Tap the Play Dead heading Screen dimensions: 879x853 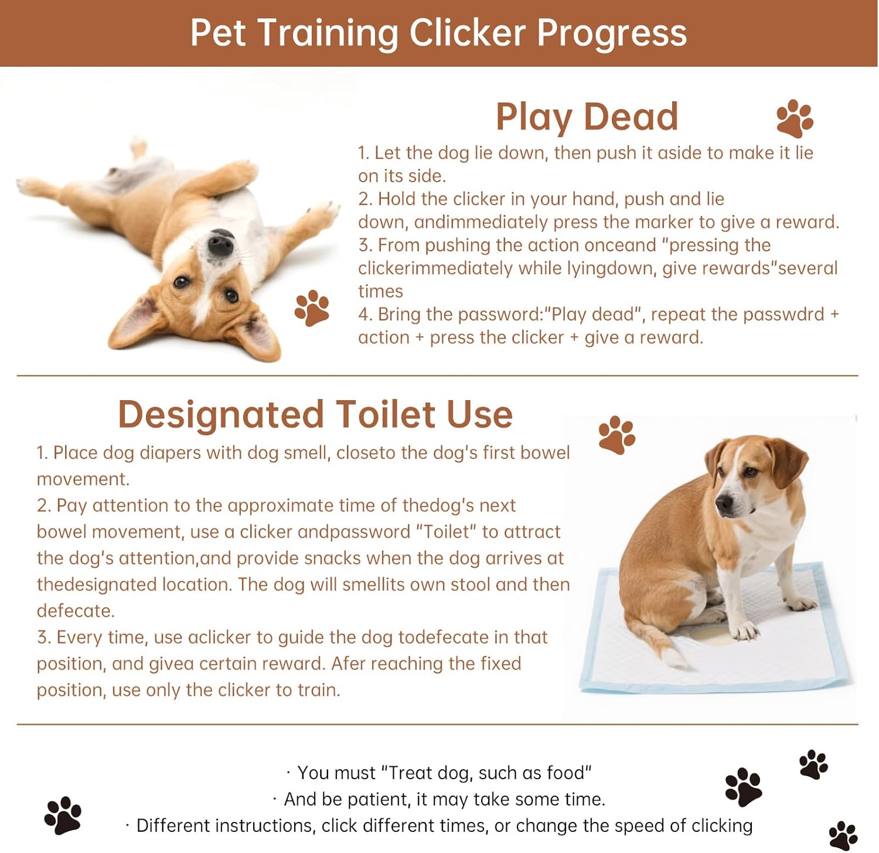tap(587, 117)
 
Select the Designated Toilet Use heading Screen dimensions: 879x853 tap(315, 414)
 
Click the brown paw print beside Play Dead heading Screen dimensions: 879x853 tap(795, 118)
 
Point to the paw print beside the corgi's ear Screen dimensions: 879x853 tap(312, 308)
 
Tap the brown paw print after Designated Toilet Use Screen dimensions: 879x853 tap(617, 435)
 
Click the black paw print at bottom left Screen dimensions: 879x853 tap(63, 815)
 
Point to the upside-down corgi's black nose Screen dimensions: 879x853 tap(220, 242)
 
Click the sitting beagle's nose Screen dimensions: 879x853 tap(724, 505)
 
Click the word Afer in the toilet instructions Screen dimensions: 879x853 tap(348, 663)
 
